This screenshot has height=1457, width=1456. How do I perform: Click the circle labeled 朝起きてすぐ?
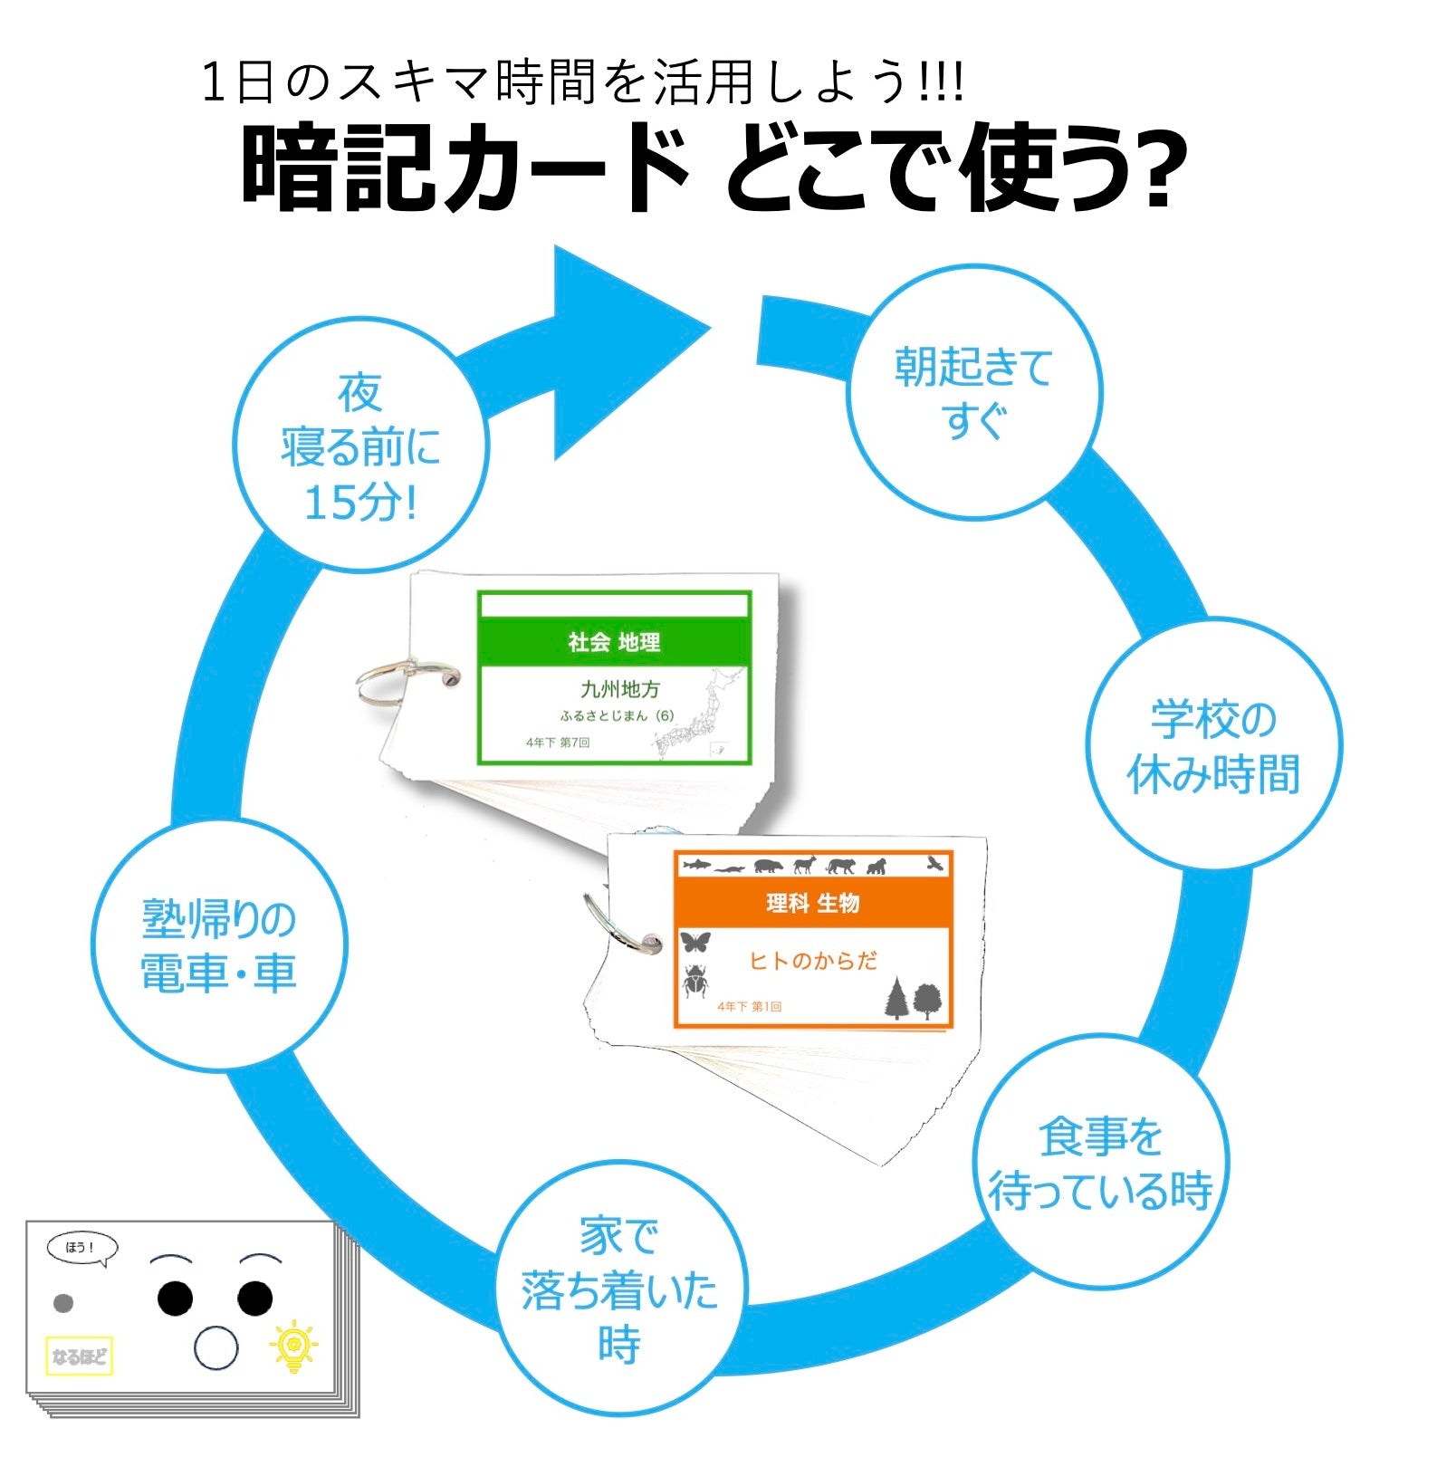[x=973, y=392]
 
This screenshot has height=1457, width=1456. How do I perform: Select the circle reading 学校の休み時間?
[x=1213, y=745]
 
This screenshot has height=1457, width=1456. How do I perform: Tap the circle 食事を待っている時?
[x=1100, y=1163]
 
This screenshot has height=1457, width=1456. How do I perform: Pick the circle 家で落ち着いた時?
[x=619, y=1289]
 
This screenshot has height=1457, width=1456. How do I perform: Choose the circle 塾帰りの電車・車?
[x=219, y=946]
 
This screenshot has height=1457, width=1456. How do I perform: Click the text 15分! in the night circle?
[x=359, y=502]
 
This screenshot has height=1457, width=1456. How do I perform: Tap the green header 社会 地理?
[x=614, y=642]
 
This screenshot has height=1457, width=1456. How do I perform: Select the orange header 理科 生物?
[x=812, y=903]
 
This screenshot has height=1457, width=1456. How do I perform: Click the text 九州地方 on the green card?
[x=620, y=689]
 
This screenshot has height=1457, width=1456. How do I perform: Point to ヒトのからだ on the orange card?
[x=812, y=961]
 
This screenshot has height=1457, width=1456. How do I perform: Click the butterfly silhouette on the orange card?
[x=695, y=943]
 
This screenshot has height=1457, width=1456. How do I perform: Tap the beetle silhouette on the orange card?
[x=695, y=982]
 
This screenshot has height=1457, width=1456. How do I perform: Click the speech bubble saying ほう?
[x=81, y=1248]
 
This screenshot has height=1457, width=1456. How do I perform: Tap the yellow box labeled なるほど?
[x=79, y=1356]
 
